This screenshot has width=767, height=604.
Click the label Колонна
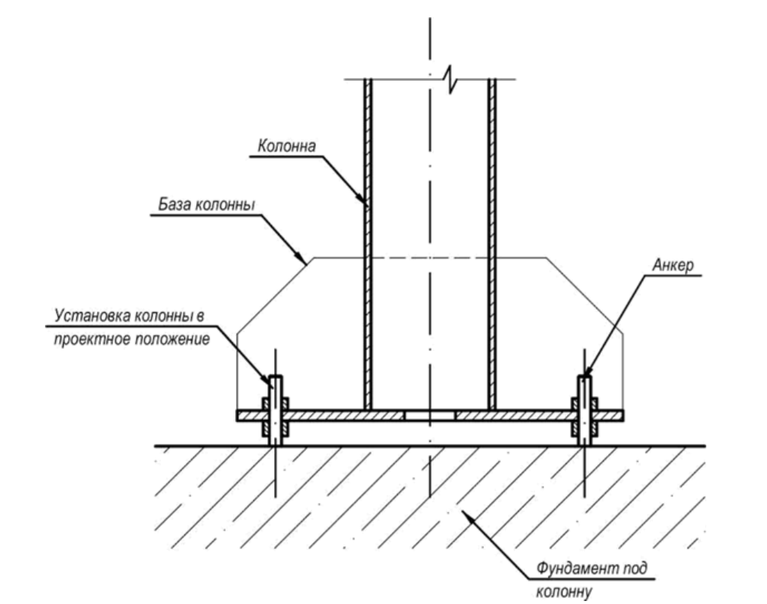pyautogui.click(x=287, y=146)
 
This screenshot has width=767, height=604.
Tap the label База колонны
pyautogui.click(x=207, y=204)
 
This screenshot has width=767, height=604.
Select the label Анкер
pyautogui.click(x=673, y=265)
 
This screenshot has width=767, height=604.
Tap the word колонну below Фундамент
pyautogui.click(x=563, y=592)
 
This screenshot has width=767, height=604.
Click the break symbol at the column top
pyautogui.click(x=450, y=79)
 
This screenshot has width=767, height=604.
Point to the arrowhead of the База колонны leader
pyautogui.click(x=300, y=257)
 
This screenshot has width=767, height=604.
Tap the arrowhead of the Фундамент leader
pyautogui.click(x=466, y=515)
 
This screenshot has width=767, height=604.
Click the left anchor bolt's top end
pyautogui.click(x=276, y=376)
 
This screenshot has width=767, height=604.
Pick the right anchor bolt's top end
pyautogui.click(x=584, y=376)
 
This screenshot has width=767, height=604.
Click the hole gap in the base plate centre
pyautogui.click(x=429, y=416)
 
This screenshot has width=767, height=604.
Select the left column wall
pyautogui.click(x=368, y=244)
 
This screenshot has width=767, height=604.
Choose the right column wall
pyautogui.click(x=492, y=244)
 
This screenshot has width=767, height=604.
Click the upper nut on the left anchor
pyautogui.click(x=276, y=404)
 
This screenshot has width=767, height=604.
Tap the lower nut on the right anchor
pyautogui.click(x=584, y=429)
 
